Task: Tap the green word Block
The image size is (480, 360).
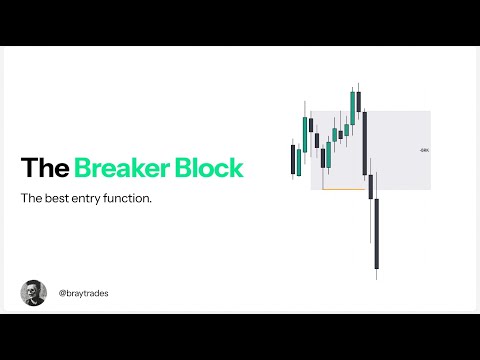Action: tap(207, 168)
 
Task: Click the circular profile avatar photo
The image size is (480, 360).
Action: tap(33, 293)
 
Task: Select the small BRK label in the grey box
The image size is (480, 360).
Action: tap(424, 150)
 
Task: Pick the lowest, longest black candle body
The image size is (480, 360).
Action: tap(377, 232)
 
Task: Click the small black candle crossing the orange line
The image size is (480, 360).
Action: tap(371, 186)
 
